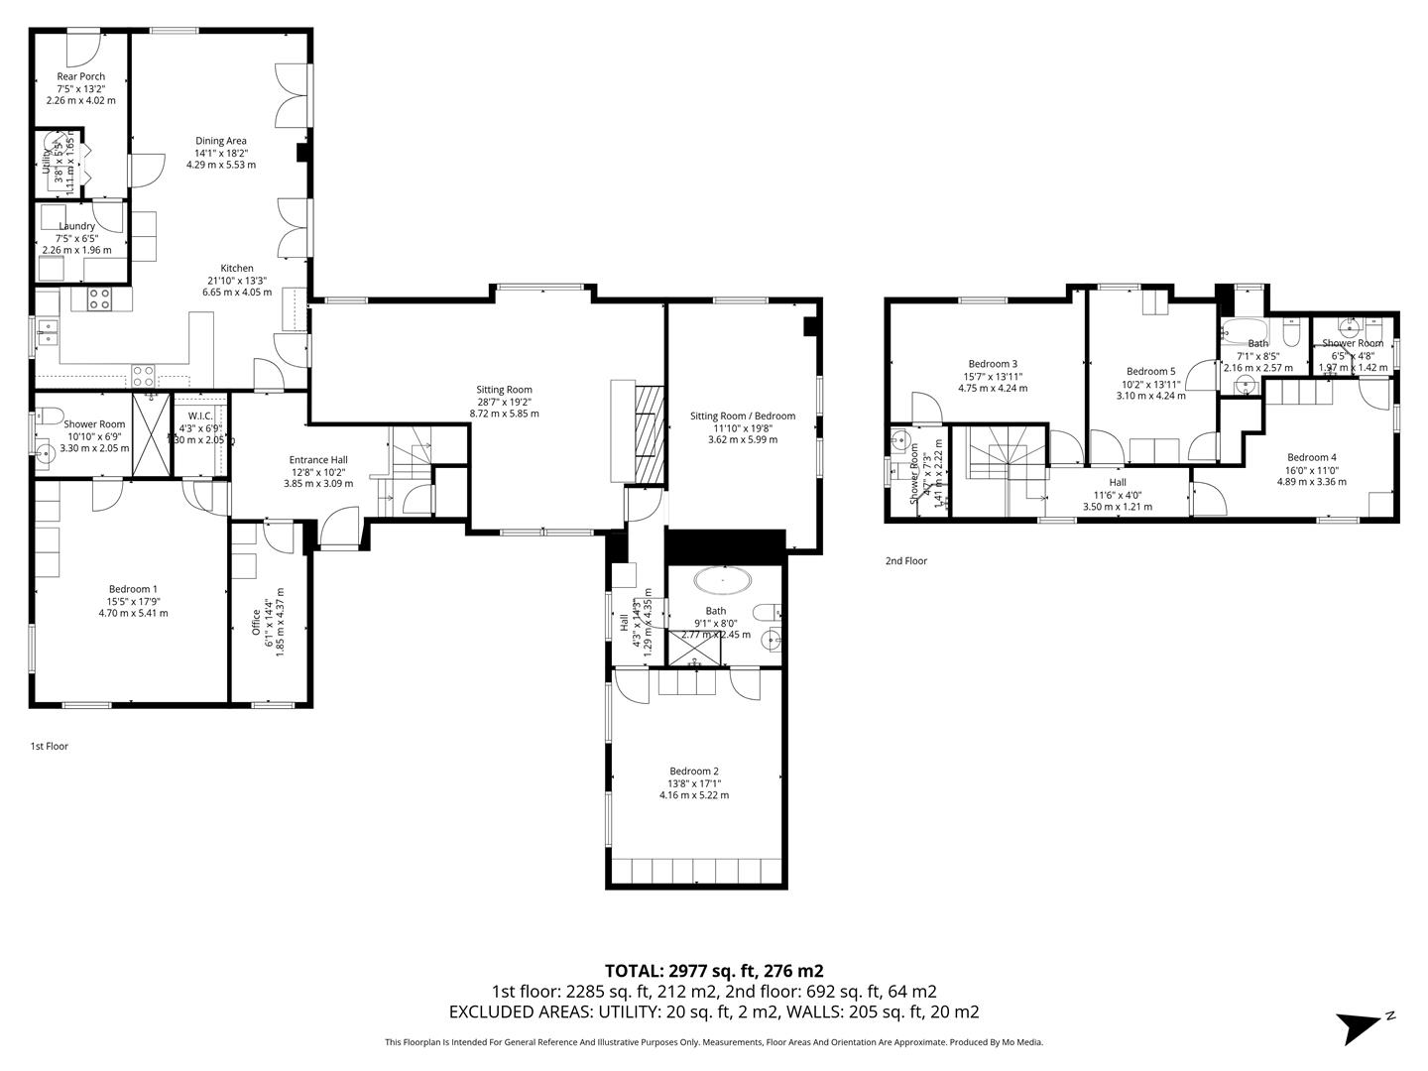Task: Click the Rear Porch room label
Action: click(80, 76)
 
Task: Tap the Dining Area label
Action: click(220, 141)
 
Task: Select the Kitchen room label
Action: click(237, 269)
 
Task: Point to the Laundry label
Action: click(76, 226)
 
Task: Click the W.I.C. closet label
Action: click(200, 416)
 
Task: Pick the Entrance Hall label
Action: click(318, 460)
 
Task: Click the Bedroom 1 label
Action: click(133, 589)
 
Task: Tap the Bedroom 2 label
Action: click(694, 772)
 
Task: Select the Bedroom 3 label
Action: click(993, 364)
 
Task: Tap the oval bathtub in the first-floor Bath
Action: click(723, 579)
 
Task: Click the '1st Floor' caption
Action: click(50, 747)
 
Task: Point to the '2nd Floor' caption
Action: click(906, 561)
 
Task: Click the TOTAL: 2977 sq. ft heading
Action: click(714, 971)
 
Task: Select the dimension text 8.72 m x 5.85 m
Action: click(504, 414)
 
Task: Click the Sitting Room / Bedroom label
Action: click(743, 416)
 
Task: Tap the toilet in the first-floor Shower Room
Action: click(50, 416)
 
